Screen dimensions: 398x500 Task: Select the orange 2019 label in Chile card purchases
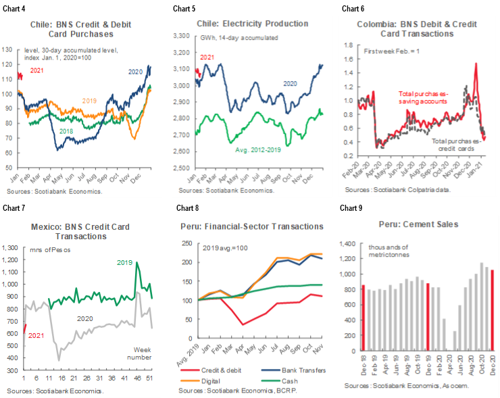pyautogui.click(x=89, y=101)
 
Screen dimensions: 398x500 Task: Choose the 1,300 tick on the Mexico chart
pyautogui.click(x=11, y=248)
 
